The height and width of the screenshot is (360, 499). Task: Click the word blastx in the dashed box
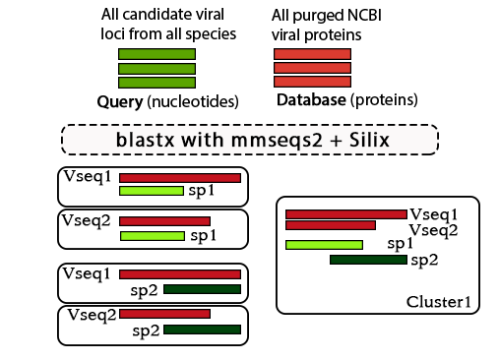tap(144, 140)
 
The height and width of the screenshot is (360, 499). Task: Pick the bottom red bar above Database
tap(313, 83)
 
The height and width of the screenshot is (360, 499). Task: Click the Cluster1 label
tap(437, 300)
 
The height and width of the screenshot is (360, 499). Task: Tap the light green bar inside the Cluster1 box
tap(324, 244)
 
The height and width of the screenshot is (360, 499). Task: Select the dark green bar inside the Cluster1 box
tap(367, 260)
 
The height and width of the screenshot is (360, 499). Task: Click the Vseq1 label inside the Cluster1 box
tap(432, 213)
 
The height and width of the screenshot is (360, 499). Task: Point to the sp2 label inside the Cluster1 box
tap(424, 260)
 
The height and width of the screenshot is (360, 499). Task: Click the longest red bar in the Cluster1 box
tap(345, 213)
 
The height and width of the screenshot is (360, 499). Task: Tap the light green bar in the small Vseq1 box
tap(152, 191)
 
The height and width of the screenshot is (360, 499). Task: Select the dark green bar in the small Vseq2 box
tap(202, 330)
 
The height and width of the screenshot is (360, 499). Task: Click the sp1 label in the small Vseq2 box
tap(203, 236)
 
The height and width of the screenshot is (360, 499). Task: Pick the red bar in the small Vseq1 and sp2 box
tap(180, 274)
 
